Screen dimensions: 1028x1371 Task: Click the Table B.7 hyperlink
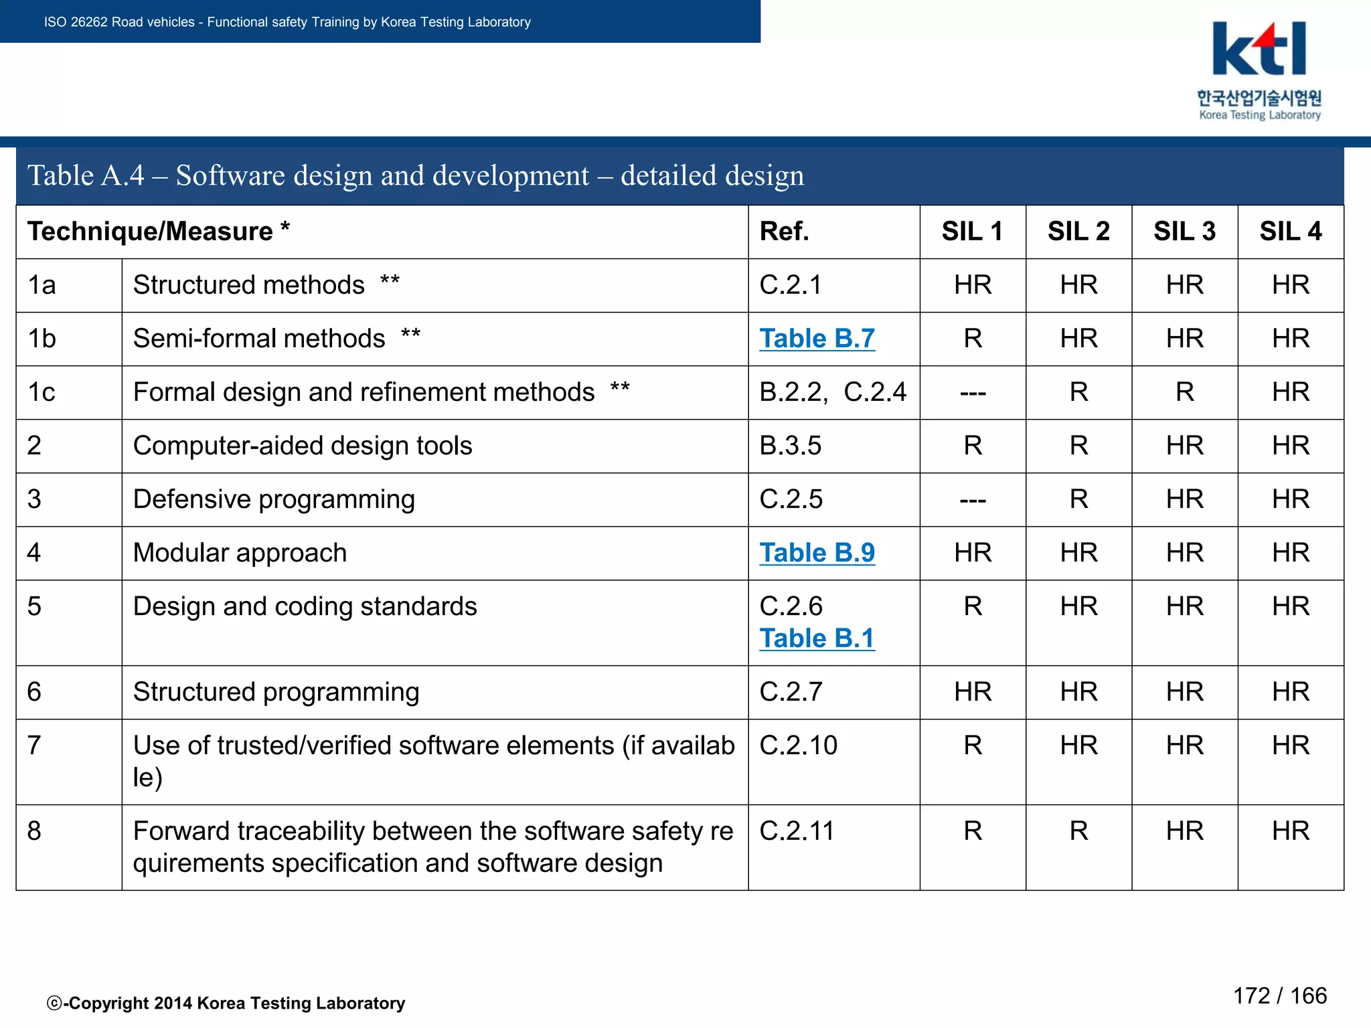pos(817,339)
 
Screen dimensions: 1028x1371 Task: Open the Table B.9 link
pos(817,553)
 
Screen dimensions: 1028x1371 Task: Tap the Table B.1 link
pos(817,638)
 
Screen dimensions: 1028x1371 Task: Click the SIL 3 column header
pos(1184,232)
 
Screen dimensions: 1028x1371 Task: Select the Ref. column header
pos(784,232)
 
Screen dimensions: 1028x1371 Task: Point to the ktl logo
pos(1259,50)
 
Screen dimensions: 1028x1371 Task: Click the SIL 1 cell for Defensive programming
pos(972,500)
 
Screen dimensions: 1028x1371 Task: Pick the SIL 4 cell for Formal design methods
pos(1290,392)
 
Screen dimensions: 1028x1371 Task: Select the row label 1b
pos(42,339)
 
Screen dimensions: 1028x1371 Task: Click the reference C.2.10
pos(798,746)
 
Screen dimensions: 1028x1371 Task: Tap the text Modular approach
pos(240,553)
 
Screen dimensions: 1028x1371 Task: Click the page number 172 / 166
pos(1279,996)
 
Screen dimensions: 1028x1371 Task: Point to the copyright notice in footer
pos(226,1003)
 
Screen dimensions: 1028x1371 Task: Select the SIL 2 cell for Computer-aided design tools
pos(1078,446)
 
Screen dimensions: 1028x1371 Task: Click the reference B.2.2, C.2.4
pos(832,392)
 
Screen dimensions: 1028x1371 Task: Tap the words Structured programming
pos(276,692)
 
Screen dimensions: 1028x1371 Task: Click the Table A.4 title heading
pos(415,175)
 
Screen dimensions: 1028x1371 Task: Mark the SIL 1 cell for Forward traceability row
pos(972,831)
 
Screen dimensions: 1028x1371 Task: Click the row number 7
pos(34,746)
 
